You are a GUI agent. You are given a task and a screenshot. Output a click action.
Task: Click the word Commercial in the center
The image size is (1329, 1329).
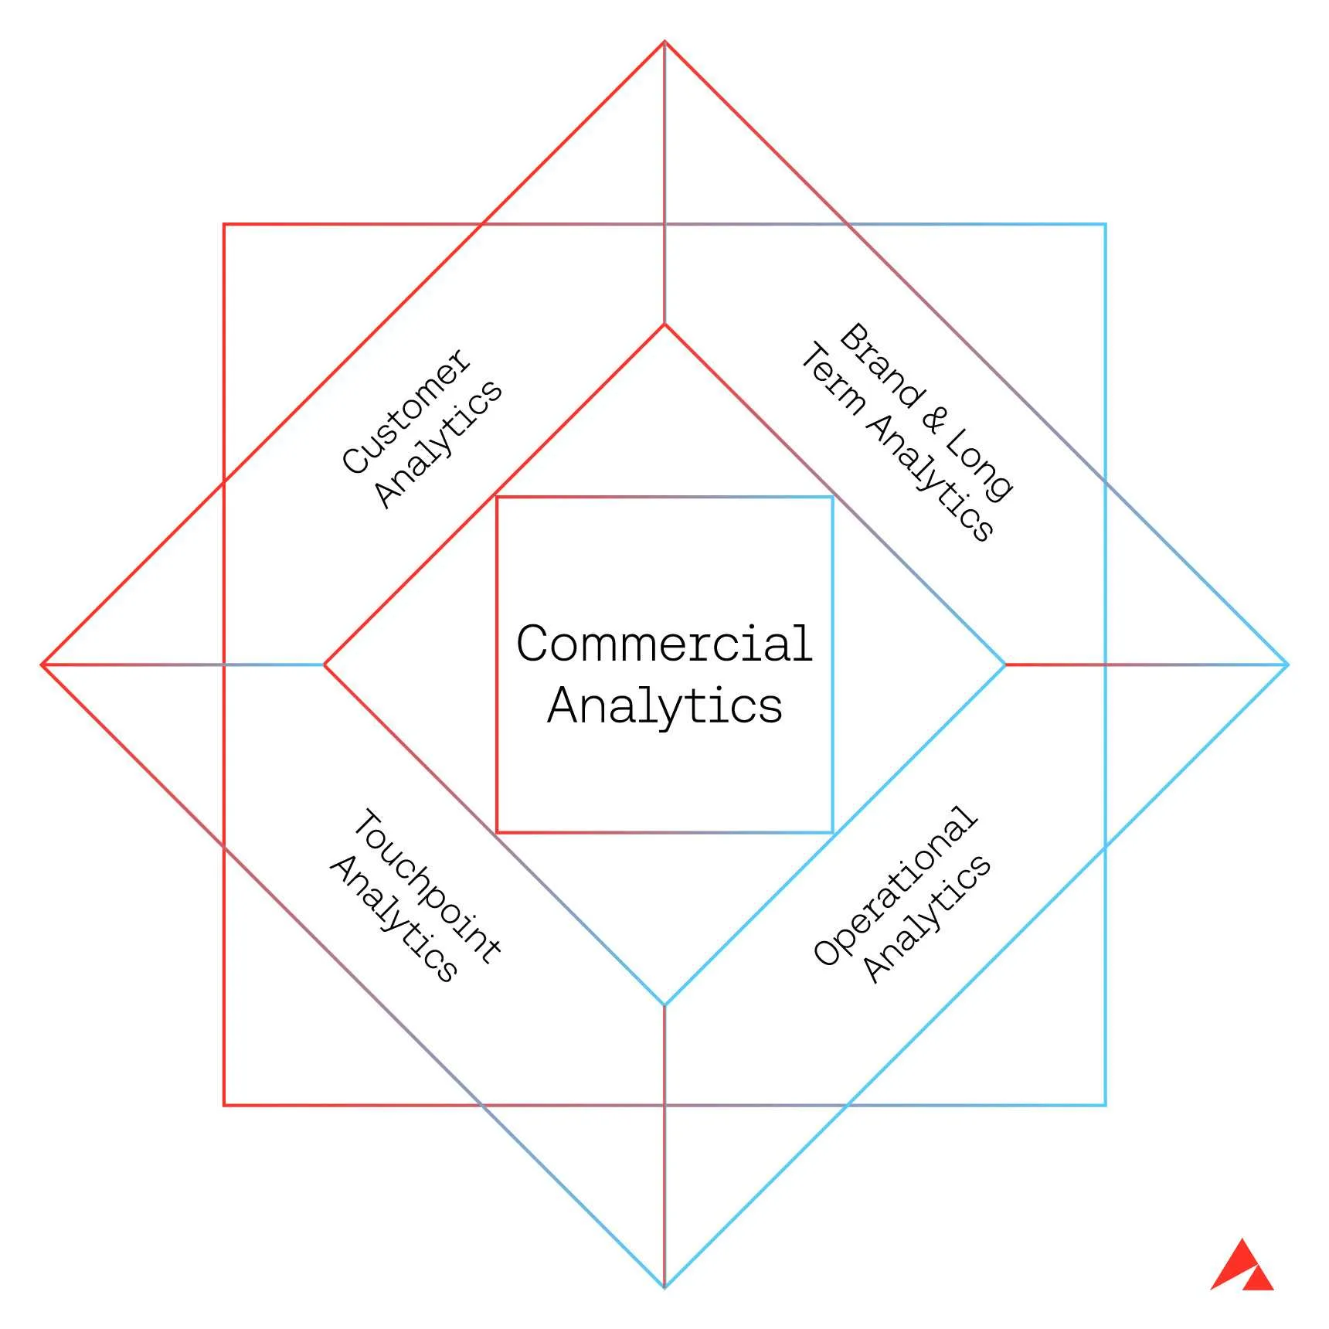tap(664, 643)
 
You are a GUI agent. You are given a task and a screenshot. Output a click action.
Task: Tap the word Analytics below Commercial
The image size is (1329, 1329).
tap(665, 706)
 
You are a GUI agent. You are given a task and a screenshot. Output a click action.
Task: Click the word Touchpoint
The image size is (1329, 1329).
tap(427, 886)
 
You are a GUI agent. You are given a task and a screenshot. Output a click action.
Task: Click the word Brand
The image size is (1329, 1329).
tap(882, 365)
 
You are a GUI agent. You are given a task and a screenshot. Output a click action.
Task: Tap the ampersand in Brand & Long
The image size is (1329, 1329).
tap(934, 419)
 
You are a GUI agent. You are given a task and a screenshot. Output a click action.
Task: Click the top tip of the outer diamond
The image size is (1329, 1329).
tap(664, 42)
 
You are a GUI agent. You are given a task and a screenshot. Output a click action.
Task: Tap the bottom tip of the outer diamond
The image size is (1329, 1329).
tap(664, 1287)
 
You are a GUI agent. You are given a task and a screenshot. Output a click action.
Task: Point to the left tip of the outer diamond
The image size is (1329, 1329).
tap(42, 664)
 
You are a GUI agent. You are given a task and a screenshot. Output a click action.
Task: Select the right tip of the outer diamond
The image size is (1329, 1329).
tap(1287, 664)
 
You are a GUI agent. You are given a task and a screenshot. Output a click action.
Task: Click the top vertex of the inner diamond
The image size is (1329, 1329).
tap(664, 325)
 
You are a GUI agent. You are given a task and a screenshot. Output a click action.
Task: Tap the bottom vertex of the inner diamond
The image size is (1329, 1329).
tap(664, 1005)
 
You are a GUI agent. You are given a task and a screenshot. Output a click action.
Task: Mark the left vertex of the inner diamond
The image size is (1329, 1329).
tap(325, 664)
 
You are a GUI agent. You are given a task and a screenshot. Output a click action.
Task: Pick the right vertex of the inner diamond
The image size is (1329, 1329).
tap(1004, 664)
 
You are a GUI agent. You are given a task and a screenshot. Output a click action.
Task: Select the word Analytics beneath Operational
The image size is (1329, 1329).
tap(926, 919)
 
